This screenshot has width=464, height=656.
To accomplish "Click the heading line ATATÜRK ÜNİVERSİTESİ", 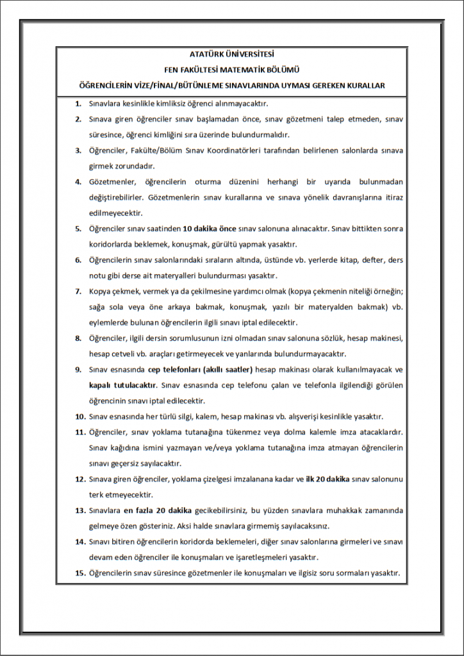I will click(x=231, y=55).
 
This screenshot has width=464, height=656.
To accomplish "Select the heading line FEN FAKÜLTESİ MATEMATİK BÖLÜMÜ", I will click(x=231, y=70).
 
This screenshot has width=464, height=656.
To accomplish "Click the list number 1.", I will click(x=78, y=104).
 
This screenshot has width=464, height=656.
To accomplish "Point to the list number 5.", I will click(x=78, y=229).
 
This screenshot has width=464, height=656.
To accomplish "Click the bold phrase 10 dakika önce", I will click(x=210, y=229).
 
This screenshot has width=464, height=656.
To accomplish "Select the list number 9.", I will click(x=78, y=370).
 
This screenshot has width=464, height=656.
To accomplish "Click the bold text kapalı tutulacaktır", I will click(x=122, y=386).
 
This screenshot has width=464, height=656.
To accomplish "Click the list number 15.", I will click(x=80, y=573).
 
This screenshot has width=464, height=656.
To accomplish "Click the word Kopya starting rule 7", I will click(x=100, y=291).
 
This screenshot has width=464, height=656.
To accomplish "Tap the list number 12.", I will click(x=80, y=479).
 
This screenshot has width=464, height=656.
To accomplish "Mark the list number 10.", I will click(x=80, y=416).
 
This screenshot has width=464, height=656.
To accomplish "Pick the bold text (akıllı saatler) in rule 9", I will click(x=228, y=370).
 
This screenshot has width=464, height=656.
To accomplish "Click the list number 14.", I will click(x=80, y=542).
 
